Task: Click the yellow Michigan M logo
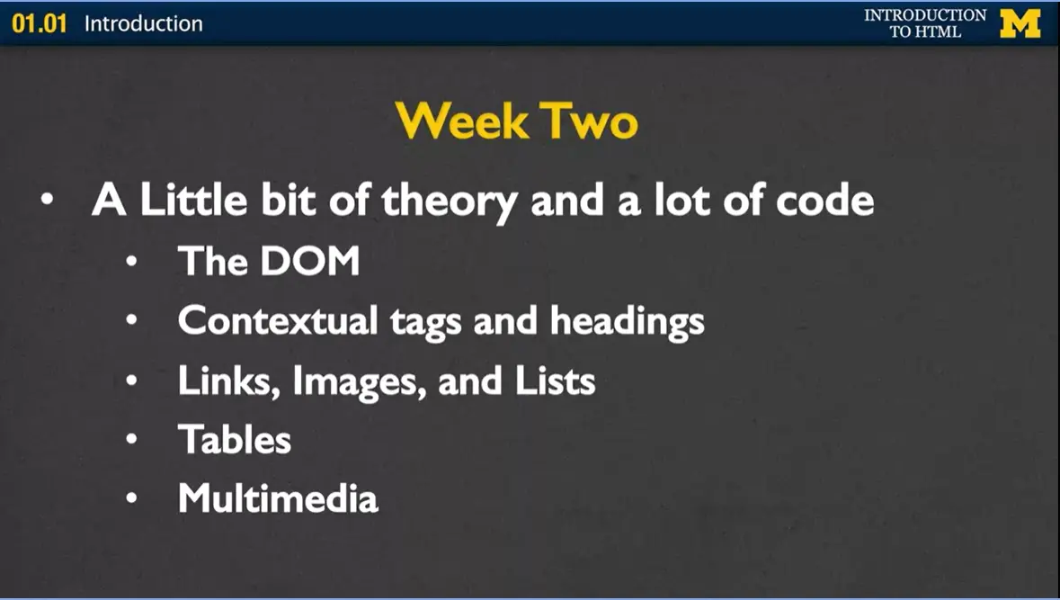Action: [x=1020, y=23]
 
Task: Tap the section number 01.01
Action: [x=40, y=23]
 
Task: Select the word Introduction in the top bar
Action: [x=144, y=23]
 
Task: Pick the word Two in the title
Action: [x=588, y=120]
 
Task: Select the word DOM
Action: [x=309, y=262]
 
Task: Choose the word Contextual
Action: [x=278, y=321]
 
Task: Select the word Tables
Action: [x=235, y=440]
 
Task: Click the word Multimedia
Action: [x=278, y=498]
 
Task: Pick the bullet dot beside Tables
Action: [x=132, y=441]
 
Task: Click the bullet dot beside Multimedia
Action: [x=132, y=499]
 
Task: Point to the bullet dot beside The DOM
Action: [x=132, y=263]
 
